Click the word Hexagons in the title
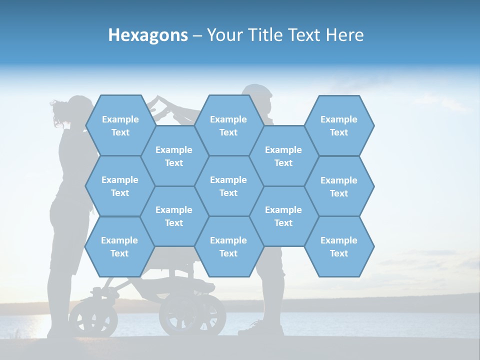pyautogui.click(x=148, y=35)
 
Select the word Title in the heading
pyautogui.click(x=265, y=35)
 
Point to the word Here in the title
pyautogui.click(x=345, y=35)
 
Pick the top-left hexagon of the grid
pyautogui.click(x=120, y=125)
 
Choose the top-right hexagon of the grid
pyautogui.click(x=339, y=125)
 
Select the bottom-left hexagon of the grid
pyautogui.click(x=119, y=246)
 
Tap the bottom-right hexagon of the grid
pyautogui.click(x=339, y=246)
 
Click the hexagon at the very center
pyautogui.click(x=228, y=186)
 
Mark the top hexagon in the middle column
pyautogui.click(x=228, y=125)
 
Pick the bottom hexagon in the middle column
pyautogui.click(x=228, y=246)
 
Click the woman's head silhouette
pyautogui.click(x=79, y=108)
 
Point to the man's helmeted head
pyautogui.click(x=258, y=93)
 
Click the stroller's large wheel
pyautogui.click(x=192, y=314)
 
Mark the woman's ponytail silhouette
pyautogui.click(x=59, y=107)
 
